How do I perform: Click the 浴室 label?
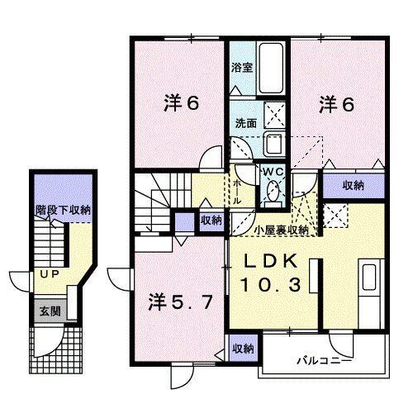coord(241,66)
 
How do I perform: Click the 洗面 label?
coord(245,121)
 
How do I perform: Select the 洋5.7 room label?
coord(185,299)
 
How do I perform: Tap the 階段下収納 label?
coord(62,210)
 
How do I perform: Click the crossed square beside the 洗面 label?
coord(273,114)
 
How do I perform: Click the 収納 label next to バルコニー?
coord(241,348)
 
